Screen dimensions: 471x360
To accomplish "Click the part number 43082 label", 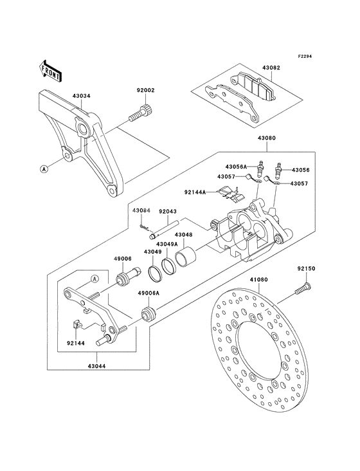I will click(271, 68).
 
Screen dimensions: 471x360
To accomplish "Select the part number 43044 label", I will click(98, 365).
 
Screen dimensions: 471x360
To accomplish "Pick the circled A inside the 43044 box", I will click(94, 279).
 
